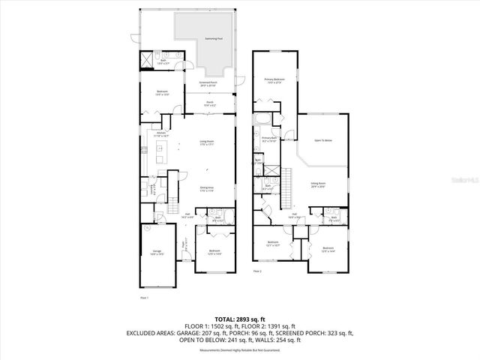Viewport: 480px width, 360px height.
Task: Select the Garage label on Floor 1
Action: [x=158, y=252]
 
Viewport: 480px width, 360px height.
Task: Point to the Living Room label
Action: [x=207, y=142]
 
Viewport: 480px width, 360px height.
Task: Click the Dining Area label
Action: [x=207, y=190]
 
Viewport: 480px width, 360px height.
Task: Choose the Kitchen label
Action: [x=161, y=136]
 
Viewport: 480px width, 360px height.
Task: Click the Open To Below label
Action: [x=323, y=141]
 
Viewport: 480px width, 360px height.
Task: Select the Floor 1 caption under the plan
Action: [x=145, y=298]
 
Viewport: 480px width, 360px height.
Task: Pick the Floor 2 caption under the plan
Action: [x=257, y=271]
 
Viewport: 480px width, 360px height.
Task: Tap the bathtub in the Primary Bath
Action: [x=262, y=120]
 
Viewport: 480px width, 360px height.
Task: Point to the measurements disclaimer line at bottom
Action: [x=240, y=350]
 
